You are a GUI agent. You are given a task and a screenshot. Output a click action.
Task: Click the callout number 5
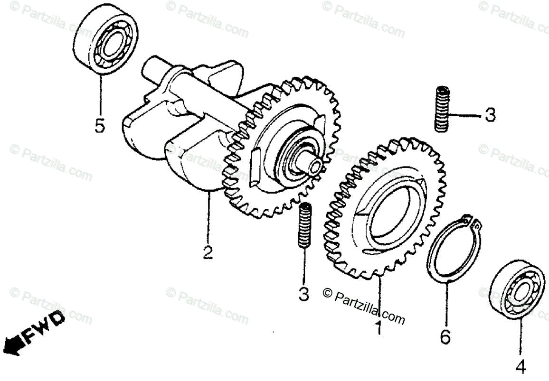[x=99, y=126]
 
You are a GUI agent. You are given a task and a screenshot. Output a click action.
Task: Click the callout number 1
[x=379, y=327]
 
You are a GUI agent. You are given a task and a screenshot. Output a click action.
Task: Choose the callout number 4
[x=521, y=366]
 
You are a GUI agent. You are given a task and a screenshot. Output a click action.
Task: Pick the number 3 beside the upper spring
[x=490, y=115]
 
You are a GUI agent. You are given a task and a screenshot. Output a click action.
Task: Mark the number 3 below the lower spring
[x=304, y=294]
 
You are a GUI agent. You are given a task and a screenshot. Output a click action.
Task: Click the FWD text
[x=44, y=327]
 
